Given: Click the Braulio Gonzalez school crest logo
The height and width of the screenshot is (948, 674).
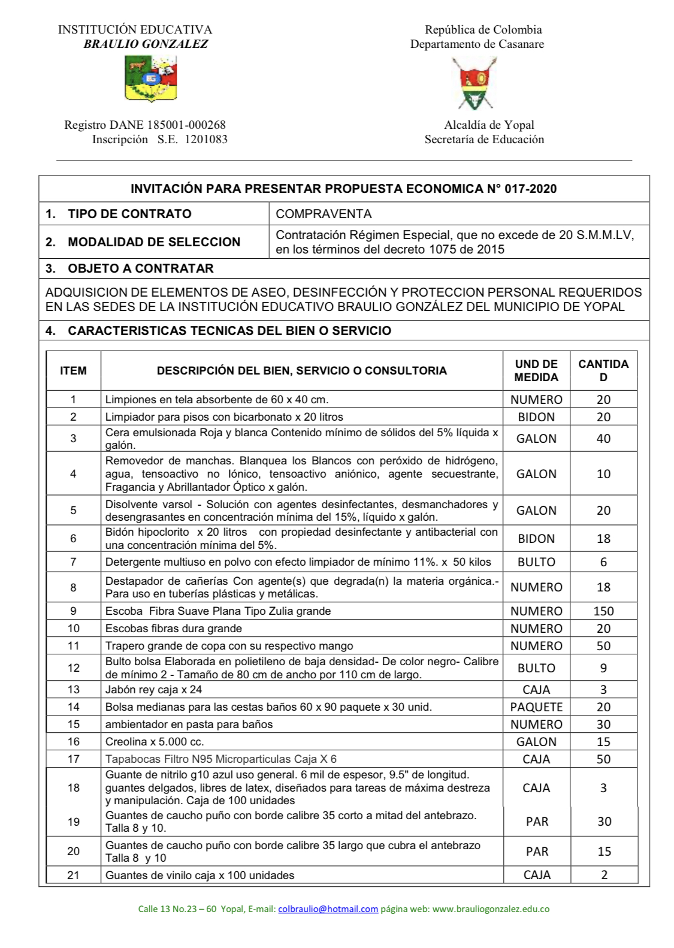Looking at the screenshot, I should (150, 79).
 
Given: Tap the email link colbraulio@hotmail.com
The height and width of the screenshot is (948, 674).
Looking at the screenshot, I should (328, 909).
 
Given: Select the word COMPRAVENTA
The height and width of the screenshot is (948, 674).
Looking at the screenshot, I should (324, 214).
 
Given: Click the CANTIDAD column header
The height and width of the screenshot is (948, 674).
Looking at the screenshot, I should (603, 370).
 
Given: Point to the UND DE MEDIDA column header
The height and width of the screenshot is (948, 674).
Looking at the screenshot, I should (536, 370).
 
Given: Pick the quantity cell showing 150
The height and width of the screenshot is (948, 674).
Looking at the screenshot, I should (603, 611).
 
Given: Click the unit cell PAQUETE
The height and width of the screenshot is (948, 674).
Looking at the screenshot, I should (536, 707).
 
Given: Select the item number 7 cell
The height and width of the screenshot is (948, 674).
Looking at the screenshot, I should (73, 562).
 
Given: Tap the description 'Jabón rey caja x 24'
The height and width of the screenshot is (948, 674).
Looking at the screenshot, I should (153, 690).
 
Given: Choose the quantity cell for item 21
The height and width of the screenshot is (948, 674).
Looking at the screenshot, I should (604, 875).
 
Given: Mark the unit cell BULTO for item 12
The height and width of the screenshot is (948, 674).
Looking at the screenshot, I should (536, 668).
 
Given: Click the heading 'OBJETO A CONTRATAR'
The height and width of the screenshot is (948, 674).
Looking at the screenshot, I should (140, 268).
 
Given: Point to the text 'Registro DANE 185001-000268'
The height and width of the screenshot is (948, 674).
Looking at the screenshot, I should (145, 125).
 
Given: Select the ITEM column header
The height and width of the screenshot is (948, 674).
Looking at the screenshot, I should (73, 371).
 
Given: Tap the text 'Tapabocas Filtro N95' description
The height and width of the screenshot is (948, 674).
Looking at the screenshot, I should (220, 759).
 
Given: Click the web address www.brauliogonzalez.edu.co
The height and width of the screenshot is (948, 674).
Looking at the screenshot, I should (491, 909).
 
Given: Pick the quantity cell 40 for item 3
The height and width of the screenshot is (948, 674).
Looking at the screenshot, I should (603, 439).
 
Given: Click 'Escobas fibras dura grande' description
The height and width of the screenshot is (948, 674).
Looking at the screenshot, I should (174, 629).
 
